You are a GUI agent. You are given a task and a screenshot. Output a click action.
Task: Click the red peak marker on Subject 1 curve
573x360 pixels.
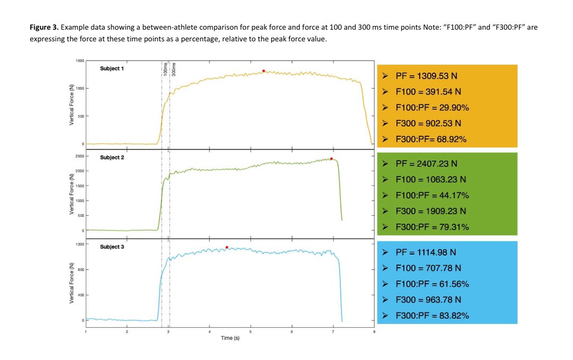[263, 71]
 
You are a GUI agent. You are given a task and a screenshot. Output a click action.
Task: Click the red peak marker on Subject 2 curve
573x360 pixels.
[331, 159]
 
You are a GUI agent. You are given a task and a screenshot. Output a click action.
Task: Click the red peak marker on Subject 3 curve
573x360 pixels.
[227, 247]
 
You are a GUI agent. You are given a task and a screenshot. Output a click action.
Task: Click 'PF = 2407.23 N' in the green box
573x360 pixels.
[427, 164]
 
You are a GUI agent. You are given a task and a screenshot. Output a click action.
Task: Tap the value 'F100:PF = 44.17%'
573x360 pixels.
[432, 196]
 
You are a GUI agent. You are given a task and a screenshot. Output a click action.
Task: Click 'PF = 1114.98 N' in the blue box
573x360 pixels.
[427, 252]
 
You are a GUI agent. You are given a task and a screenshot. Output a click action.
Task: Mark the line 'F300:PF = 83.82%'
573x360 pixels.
[432, 315]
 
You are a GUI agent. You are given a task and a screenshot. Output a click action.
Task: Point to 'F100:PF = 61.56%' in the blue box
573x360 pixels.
[432, 284]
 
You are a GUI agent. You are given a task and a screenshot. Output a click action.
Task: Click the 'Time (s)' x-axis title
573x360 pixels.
[230, 338]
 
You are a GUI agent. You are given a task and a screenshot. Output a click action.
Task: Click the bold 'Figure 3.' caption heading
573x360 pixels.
[47, 27]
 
